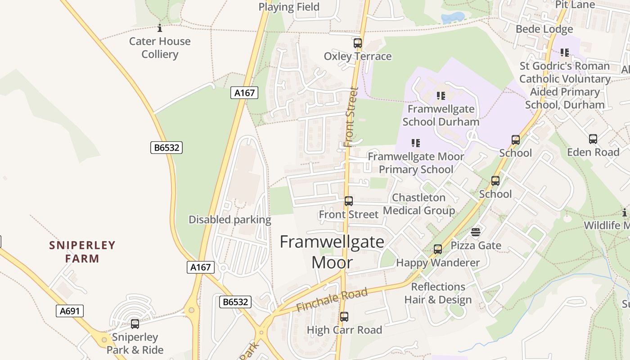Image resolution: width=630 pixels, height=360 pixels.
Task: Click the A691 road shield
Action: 70,311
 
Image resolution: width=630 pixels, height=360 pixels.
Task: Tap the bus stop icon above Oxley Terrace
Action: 358,43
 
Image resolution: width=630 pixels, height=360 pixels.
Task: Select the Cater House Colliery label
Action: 160,48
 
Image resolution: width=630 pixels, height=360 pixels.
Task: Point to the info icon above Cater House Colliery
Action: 160,29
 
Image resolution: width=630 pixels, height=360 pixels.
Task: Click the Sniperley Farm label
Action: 82,252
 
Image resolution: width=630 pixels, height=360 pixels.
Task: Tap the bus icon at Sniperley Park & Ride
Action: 135,324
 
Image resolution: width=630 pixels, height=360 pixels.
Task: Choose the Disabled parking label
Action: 229,220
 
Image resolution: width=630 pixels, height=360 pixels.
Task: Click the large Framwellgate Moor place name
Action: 332,252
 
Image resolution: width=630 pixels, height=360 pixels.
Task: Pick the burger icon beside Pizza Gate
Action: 476,232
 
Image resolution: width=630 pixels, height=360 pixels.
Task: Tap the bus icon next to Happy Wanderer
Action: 438,249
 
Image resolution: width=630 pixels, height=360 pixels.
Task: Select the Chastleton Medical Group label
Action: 419,204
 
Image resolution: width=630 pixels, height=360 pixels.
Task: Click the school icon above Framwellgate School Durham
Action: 441,95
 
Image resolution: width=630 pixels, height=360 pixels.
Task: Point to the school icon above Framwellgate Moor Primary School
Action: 416,143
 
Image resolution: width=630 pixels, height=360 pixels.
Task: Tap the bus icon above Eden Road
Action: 593,139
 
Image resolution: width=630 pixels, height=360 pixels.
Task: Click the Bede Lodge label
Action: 544,29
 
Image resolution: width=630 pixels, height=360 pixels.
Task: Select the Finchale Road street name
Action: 333,300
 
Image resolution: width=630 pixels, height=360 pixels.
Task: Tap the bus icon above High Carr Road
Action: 344,317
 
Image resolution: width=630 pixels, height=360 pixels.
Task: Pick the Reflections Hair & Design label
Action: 438,293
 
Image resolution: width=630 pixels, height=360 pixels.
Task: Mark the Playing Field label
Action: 289,7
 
